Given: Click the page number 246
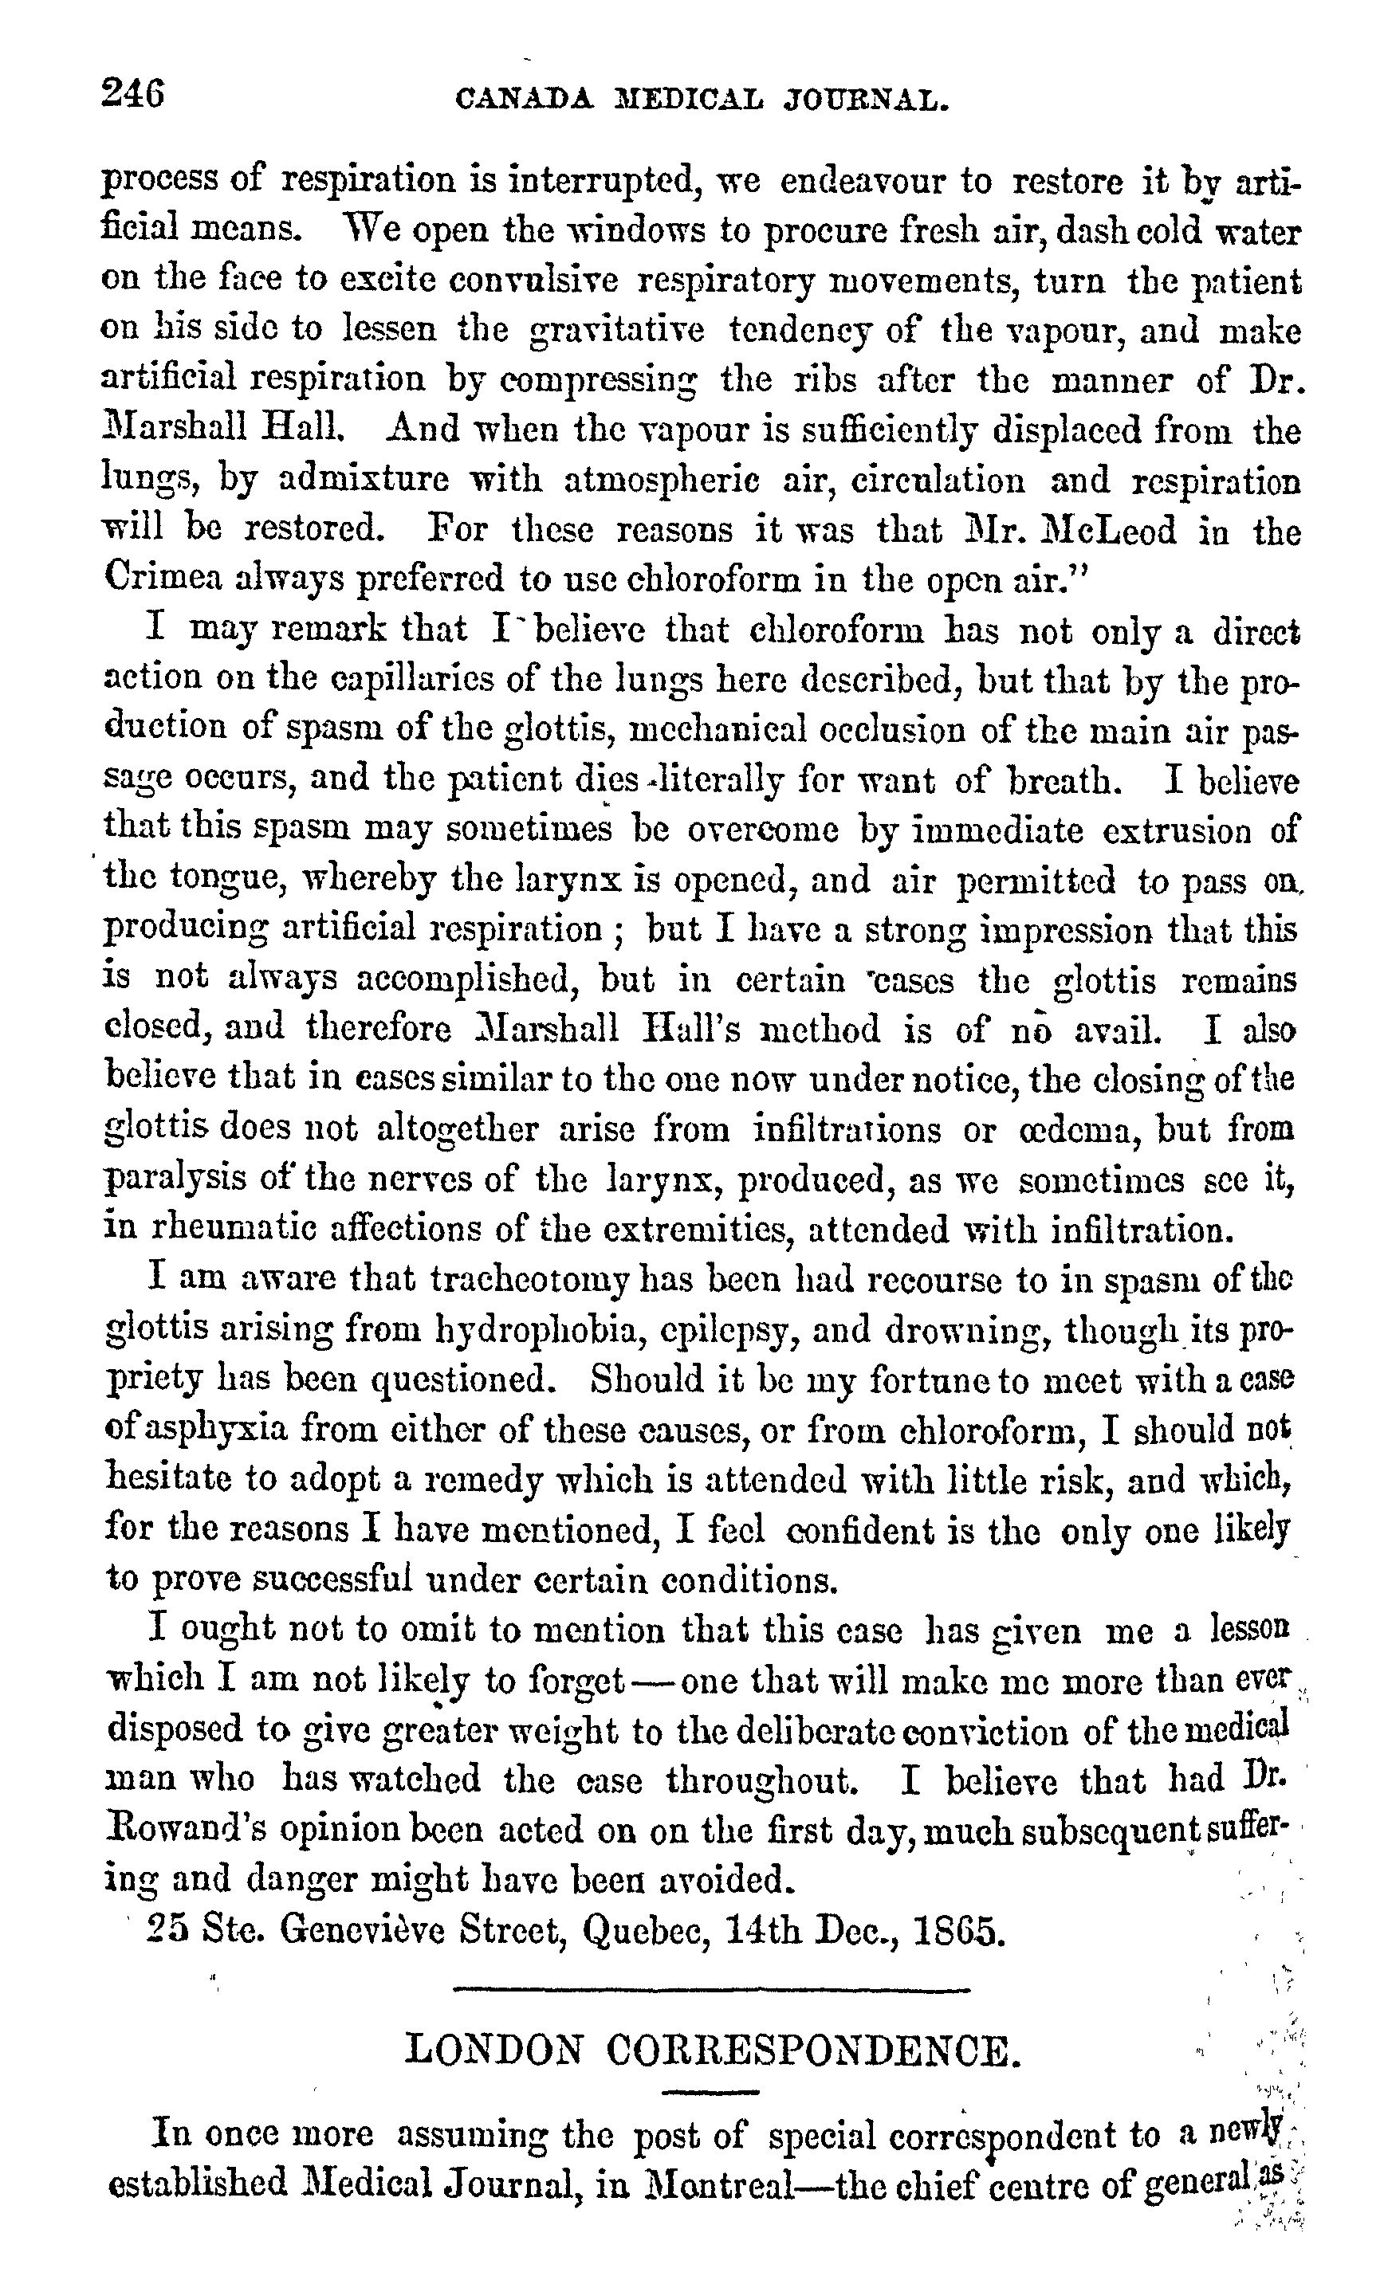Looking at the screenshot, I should (134, 94).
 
